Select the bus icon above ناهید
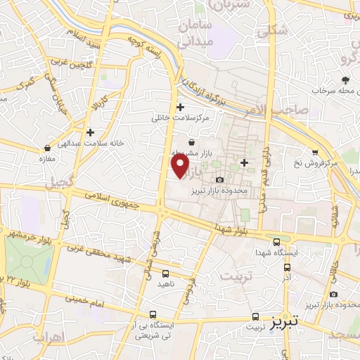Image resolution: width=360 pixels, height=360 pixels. (x=165, y=273)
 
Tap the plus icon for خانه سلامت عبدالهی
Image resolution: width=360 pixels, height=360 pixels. (x=90, y=132)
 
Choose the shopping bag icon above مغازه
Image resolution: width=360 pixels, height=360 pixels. (x=47, y=148)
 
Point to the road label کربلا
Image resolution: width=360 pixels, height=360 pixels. (x=98, y=103)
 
